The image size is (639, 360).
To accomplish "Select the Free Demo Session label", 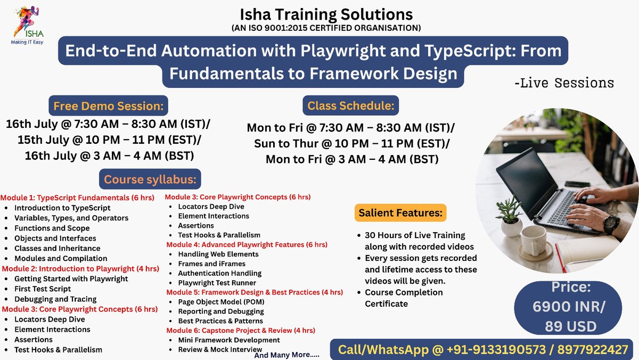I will pos(108,105).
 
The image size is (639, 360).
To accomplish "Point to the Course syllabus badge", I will pos(150,179).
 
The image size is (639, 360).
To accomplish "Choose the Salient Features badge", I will pos(400,213).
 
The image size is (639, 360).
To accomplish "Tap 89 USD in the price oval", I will pos(568,326).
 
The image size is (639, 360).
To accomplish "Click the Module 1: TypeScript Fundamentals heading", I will pos(78,198).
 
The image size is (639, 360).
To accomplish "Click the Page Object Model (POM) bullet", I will pos(221,302).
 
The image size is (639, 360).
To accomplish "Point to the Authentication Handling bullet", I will pos(219,273).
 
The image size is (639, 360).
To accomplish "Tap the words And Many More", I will pos(286,354).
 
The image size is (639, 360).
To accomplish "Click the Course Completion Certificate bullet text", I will pos(403,298).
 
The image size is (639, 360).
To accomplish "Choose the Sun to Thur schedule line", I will pos(351,144).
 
